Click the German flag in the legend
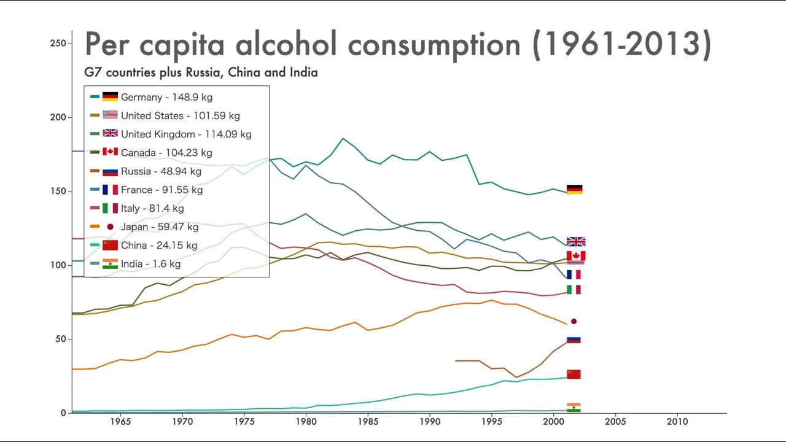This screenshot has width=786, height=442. [110, 97]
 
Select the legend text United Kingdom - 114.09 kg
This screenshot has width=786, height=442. [186, 134]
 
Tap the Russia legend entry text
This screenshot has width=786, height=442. [161, 171]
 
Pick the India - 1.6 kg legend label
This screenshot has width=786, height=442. [150, 264]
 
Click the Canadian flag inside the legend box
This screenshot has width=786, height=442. [110, 152]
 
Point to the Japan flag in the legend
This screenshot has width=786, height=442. [110, 227]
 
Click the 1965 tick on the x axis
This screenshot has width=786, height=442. [120, 422]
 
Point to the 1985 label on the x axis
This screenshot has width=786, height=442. [368, 422]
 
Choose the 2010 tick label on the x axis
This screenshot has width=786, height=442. [677, 422]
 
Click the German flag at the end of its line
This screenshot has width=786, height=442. [574, 190]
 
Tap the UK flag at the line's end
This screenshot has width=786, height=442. [575, 242]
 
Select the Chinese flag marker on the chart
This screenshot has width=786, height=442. [574, 374]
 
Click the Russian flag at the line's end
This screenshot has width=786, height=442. [574, 339]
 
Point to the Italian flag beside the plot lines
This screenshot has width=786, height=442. [574, 289]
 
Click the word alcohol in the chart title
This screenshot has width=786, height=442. [286, 44]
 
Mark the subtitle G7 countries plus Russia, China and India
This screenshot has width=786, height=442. [201, 72]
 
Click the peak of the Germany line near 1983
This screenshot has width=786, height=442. [343, 138]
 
